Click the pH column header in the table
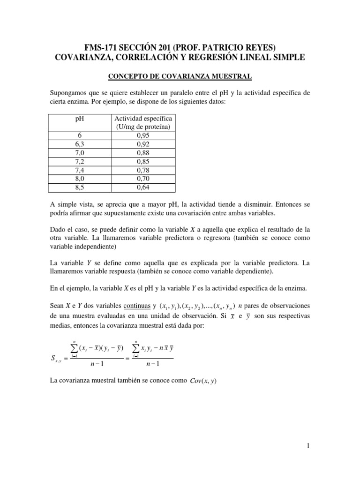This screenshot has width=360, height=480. pyautogui.click(x=79, y=119)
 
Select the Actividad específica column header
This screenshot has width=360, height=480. pyautogui.click(x=143, y=123)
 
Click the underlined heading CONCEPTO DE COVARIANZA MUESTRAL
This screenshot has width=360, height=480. pyautogui.click(x=180, y=75)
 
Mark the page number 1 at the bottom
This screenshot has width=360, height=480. pyautogui.click(x=308, y=446)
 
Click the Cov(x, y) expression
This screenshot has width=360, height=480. pyautogui.click(x=203, y=381)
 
